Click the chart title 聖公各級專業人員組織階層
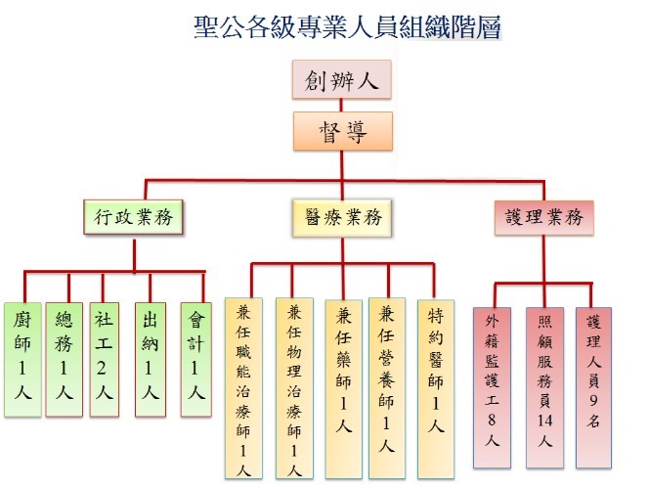coord(348,26)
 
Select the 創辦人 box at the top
coord(341,80)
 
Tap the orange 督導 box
coord(341,131)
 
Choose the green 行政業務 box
coord(134,218)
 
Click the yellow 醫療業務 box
coord(341,218)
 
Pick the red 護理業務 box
coord(543,218)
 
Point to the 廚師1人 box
coord(22,358)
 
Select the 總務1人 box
coord(65,358)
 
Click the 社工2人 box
coord(105,358)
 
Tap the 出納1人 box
coord(151,358)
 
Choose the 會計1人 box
coord(195,358)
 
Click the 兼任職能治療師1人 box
coord(244,387)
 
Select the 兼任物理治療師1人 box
coord(294,387)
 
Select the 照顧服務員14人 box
coord(545,387)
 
